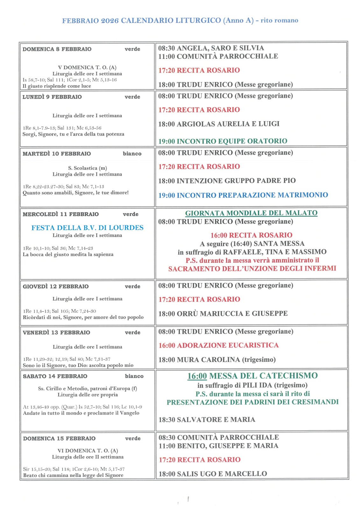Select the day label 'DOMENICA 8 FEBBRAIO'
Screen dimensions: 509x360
[x=57, y=49]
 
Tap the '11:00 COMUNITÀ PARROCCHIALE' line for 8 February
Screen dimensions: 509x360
[x=218, y=56]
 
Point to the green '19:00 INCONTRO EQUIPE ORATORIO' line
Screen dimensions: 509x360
[x=223, y=141]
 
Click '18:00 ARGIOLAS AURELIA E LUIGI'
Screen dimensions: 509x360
[x=219, y=124]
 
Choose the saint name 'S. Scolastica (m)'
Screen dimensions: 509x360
[x=88, y=168]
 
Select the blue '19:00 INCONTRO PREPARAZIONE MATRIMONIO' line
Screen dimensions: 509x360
[x=243, y=195]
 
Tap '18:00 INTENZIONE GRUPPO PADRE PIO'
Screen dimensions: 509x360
[x=227, y=181]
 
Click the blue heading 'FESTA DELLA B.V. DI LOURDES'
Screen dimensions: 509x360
[x=87, y=228]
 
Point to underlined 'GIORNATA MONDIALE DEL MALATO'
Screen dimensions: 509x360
[x=251, y=213]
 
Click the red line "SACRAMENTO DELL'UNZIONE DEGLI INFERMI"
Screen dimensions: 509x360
[x=252, y=268]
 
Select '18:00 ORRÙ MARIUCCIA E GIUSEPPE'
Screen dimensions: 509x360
[x=223, y=313]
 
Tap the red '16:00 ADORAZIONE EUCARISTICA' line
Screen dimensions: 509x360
[x=218, y=345]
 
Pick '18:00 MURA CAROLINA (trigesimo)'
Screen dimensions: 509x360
[x=217, y=359]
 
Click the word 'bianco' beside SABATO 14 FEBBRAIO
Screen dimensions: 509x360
[x=134, y=376]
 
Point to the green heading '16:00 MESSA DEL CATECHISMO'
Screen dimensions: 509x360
[x=252, y=376]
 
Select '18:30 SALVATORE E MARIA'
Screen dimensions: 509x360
[x=207, y=420]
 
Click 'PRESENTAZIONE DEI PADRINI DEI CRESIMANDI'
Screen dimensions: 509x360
[x=252, y=402]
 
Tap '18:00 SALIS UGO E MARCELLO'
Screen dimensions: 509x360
[x=213, y=474]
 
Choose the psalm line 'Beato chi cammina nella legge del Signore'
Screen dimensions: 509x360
[x=73, y=475]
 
